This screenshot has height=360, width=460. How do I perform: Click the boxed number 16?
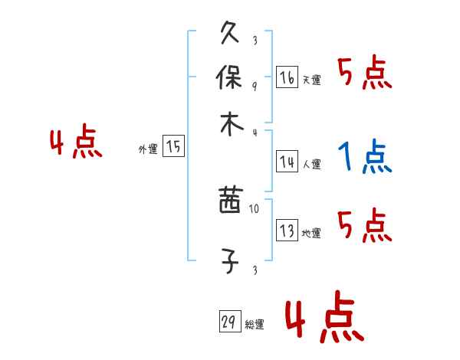pos(287,77)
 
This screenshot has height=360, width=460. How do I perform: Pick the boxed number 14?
pos(287,162)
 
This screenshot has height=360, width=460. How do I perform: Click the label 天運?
pos(312,80)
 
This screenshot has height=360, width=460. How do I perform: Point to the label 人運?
pos(312,164)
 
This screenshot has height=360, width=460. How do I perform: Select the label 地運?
pos(312,234)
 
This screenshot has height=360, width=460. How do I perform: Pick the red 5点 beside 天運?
pos(364,74)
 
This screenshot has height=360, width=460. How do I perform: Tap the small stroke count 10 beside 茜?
pos(255,207)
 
